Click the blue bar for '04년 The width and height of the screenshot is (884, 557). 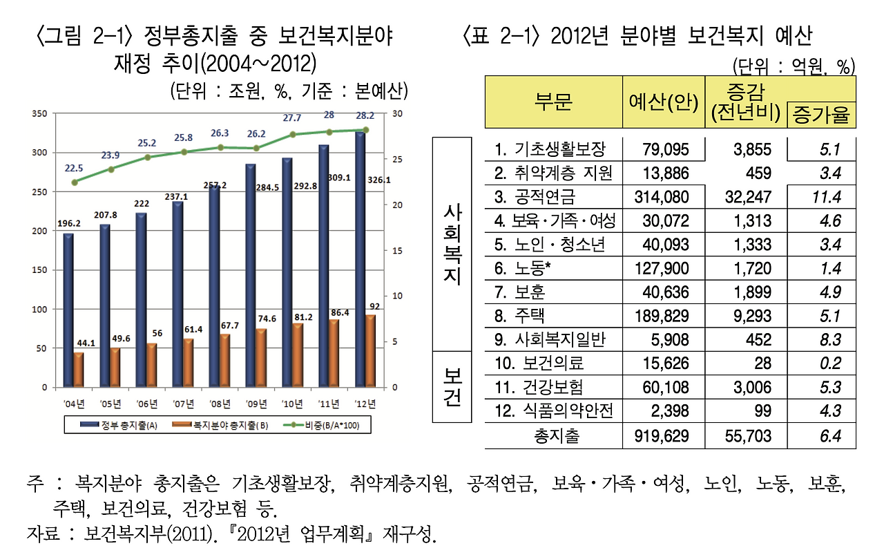(x=68, y=310)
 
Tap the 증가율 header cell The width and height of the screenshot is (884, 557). (x=821, y=115)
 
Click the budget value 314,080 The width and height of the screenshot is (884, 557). (x=661, y=197)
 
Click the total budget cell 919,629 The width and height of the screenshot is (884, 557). (x=661, y=436)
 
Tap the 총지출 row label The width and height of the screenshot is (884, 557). (x=557, y=436)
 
